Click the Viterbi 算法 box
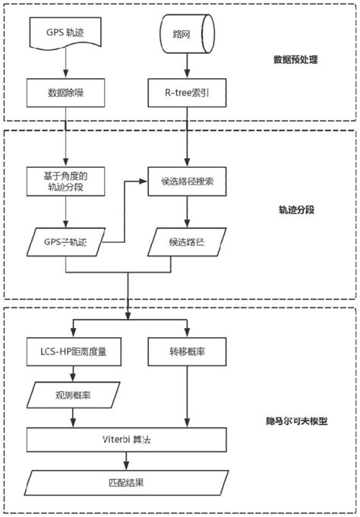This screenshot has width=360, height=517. pos(126,439)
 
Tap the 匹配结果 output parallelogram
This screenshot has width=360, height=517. pos(126,480)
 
